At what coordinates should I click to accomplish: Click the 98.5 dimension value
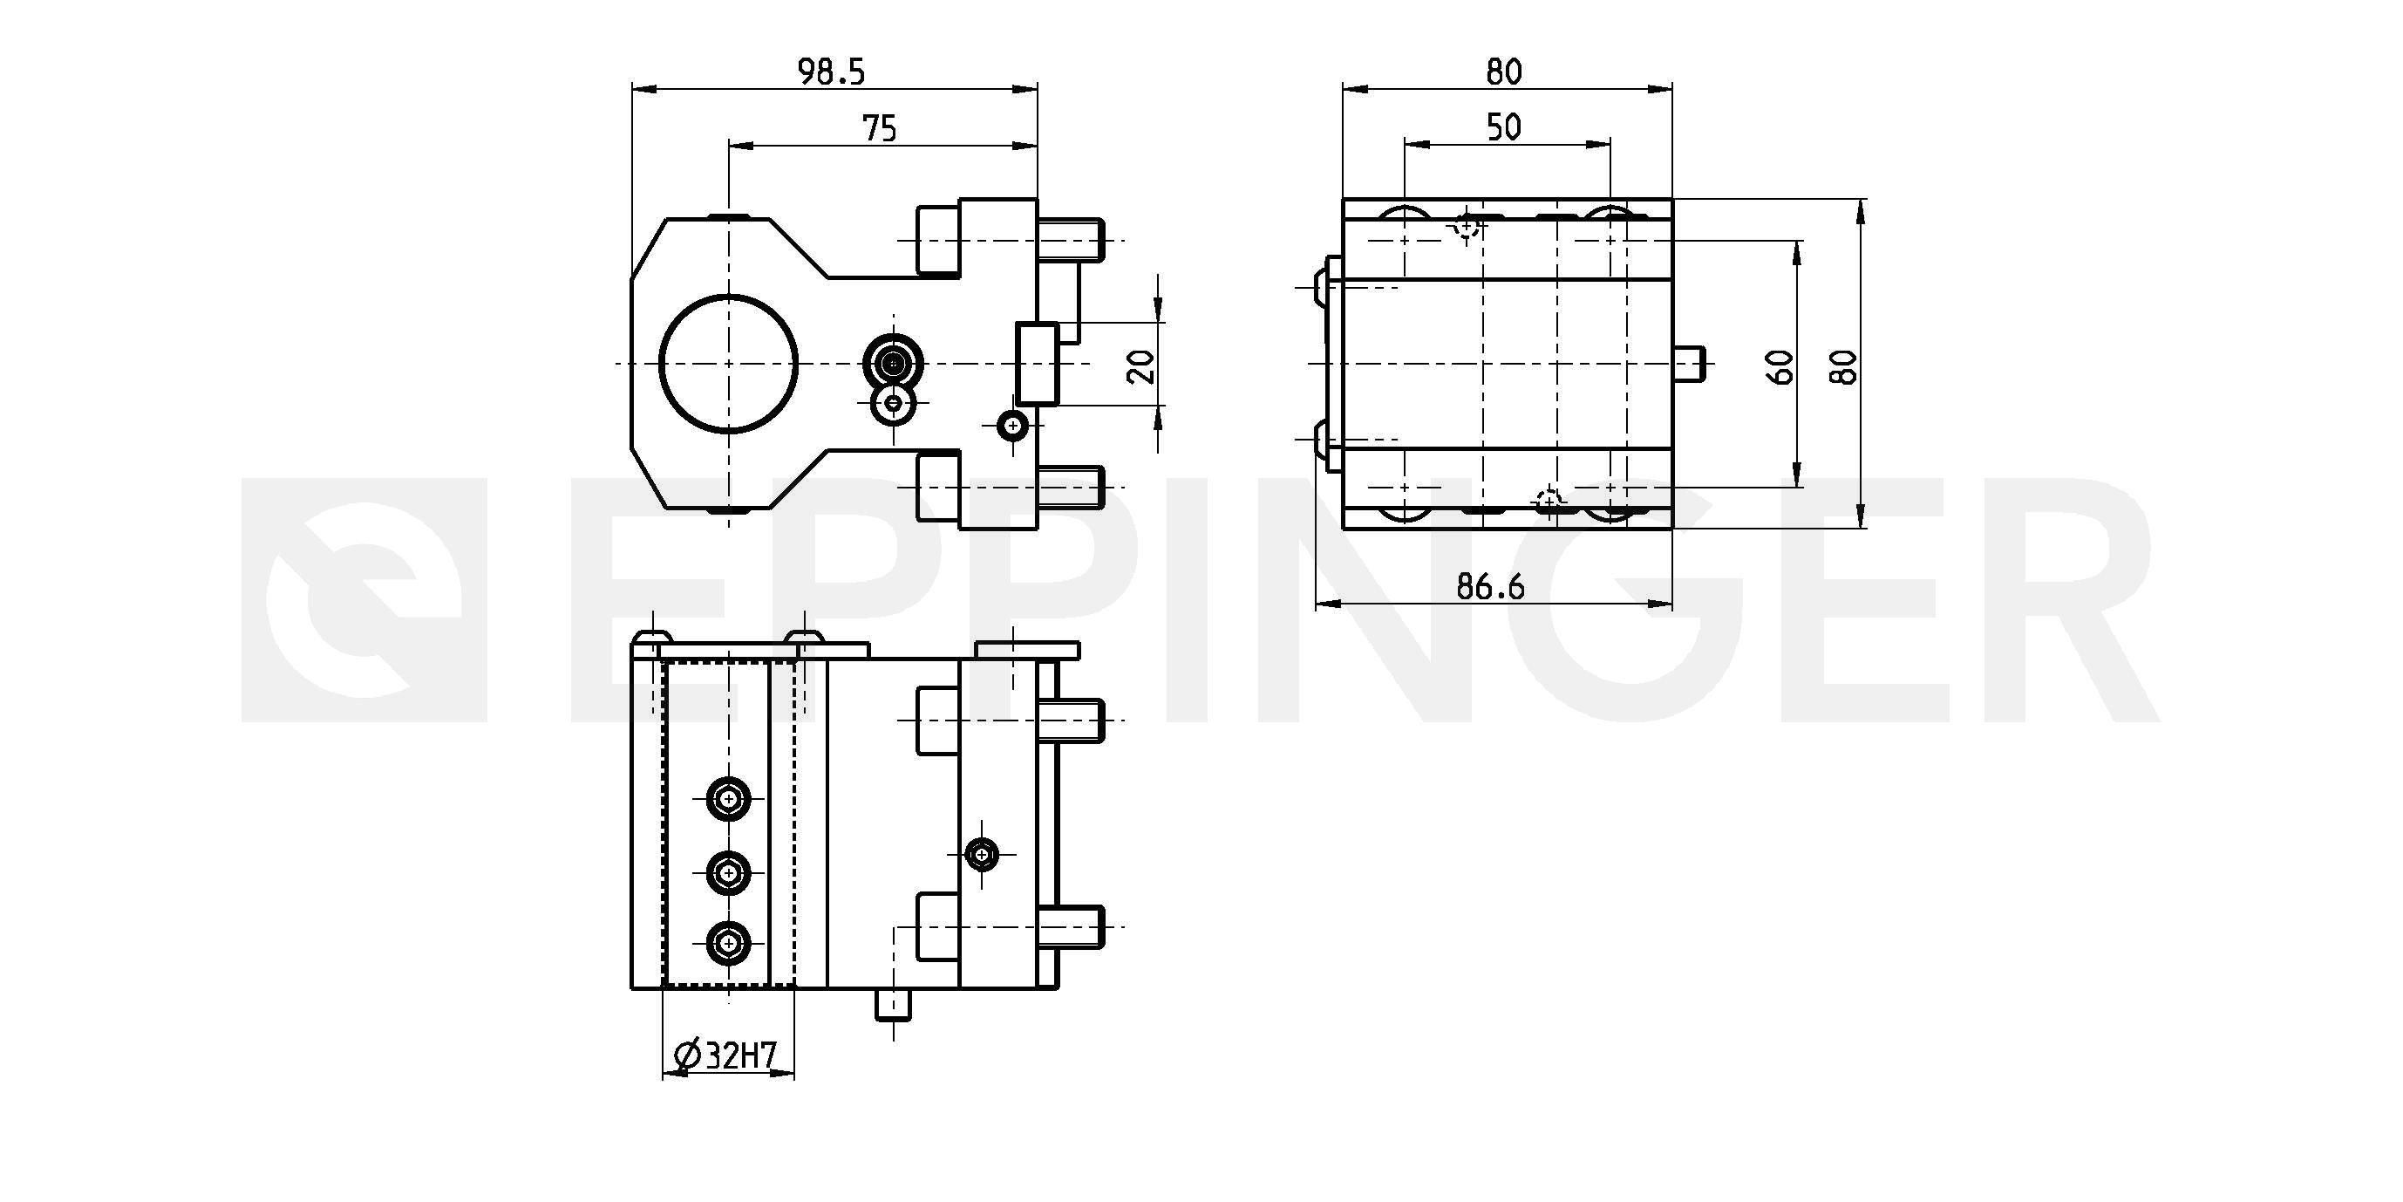[x=831, y=72]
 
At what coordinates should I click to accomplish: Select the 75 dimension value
[x=880, y=128]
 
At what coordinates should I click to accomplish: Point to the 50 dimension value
[x=1504, y=127]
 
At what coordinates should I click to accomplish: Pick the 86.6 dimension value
[x=1490, y=586]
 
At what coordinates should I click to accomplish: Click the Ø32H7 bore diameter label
[x=725, y=1055]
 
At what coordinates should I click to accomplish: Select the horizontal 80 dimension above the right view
[x=1504, y=72]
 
